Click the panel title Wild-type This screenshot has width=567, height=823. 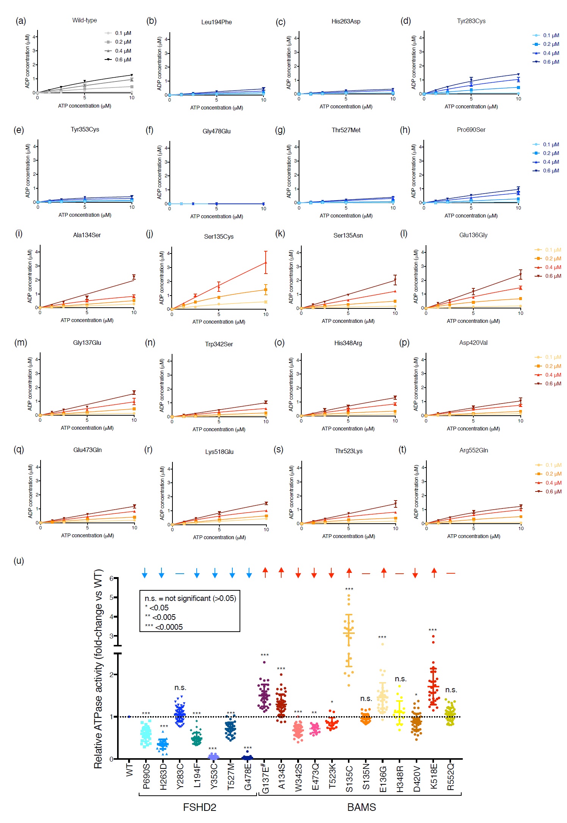[85, 20]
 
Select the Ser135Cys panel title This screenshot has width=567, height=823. [219, 236]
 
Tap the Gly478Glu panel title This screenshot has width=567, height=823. [216, 131]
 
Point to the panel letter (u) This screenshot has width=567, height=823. [19, 560]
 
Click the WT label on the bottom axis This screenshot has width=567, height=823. [129, 770]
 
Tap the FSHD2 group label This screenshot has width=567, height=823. [199, 807]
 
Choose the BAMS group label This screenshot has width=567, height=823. [362, 807]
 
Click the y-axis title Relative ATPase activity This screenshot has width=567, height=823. [98, 669]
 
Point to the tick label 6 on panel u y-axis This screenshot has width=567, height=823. [111, 578]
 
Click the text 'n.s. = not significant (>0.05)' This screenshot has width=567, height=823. [190, 598]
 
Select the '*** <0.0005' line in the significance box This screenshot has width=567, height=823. [164, 627]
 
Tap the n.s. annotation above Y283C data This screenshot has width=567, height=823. [180, 687]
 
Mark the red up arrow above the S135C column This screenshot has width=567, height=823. [349, 573]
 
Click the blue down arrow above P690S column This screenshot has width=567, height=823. [144, 573]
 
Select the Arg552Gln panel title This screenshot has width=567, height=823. [473, 450]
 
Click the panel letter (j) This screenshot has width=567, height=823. [150, 234]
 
